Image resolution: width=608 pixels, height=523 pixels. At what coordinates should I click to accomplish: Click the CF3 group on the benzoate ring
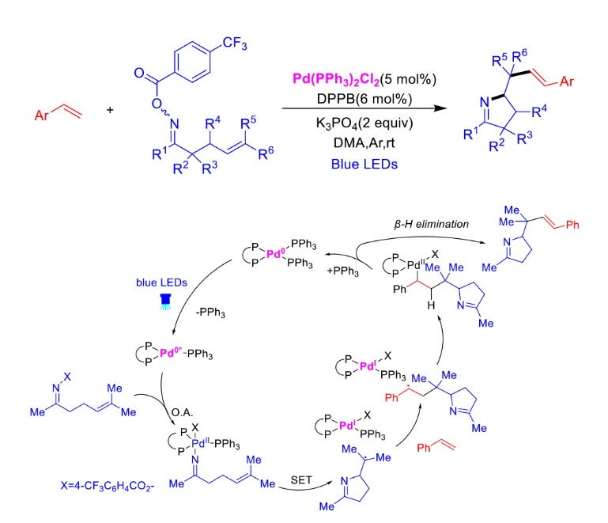click(235, 43)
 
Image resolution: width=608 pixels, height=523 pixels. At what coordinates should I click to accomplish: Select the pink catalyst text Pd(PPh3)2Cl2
click(336, 79)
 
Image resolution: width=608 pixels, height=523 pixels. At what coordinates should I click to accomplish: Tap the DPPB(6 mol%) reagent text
click(364, 99)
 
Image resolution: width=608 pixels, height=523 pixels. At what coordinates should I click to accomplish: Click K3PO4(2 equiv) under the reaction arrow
click(364, 123)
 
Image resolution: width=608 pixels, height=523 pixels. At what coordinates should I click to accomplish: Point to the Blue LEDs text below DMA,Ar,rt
click(364, 164)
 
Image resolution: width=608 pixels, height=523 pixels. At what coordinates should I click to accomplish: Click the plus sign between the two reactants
click(110, 110)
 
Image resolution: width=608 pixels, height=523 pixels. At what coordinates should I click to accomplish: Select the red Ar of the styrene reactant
click(42, 116)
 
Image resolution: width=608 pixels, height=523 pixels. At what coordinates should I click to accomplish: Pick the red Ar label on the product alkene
click(567, 81)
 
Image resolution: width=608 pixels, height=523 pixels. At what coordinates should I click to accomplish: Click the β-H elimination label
click(431, 224)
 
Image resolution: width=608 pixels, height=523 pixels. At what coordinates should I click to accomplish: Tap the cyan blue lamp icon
click(165, 301)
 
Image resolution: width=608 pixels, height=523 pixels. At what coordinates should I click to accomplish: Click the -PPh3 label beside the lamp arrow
click(210, 313)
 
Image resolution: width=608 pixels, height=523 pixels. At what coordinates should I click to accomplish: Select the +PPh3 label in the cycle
click(343, 271)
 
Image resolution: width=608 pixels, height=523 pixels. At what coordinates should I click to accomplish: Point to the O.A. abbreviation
click(183, 412)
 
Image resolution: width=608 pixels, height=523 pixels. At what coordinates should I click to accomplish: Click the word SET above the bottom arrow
click(301, 480)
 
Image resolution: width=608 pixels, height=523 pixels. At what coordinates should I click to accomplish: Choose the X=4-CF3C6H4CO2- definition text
click(108, 486)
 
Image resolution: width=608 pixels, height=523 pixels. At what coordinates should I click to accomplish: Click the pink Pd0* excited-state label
click(171, 352)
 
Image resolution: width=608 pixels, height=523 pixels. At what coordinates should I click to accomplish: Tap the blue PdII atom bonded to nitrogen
click(201, 443)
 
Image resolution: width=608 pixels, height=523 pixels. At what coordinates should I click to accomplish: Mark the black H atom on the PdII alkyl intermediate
click(431, 305)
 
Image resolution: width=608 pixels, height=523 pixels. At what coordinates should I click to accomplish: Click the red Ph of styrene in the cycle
click(424, 448)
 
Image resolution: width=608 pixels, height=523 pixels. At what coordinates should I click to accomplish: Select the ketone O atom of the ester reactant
click(139, 73)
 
